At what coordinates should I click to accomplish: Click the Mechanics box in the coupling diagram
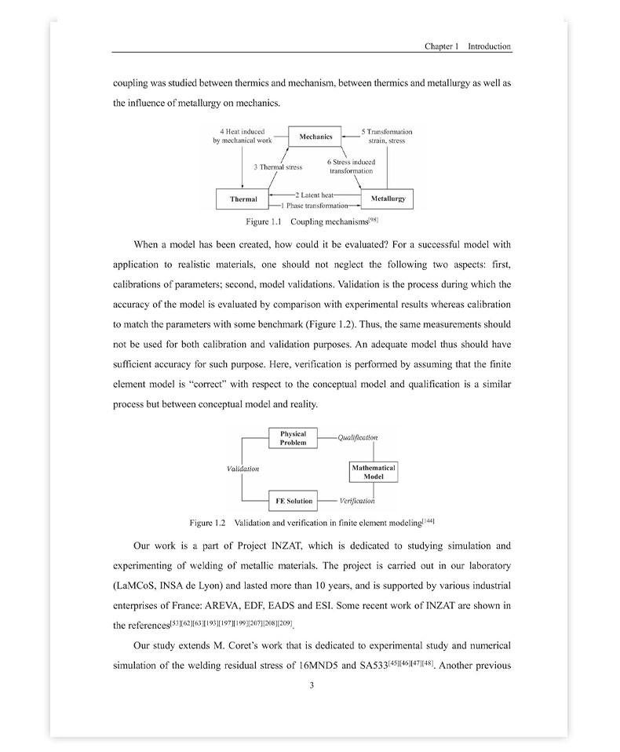pos(315,137)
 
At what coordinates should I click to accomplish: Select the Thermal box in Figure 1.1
pos(243,199)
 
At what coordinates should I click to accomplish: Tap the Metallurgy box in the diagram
pos(388,199)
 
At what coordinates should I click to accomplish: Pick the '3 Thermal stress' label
pos(278,167)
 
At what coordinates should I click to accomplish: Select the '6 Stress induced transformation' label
pos(351,166)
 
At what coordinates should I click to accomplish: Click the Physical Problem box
pos(293,438)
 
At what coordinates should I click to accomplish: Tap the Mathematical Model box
pos(374,472)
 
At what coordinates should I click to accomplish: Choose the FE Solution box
pos(294,501)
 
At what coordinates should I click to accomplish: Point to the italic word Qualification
pos(358,438)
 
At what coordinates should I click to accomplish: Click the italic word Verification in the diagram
pos(357,501)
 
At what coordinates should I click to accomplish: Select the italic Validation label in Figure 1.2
pos(243,469)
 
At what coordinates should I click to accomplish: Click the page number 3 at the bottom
pos(312,685)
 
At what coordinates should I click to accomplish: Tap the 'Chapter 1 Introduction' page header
pos(468,46)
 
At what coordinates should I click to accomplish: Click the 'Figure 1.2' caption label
pos(208,523)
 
